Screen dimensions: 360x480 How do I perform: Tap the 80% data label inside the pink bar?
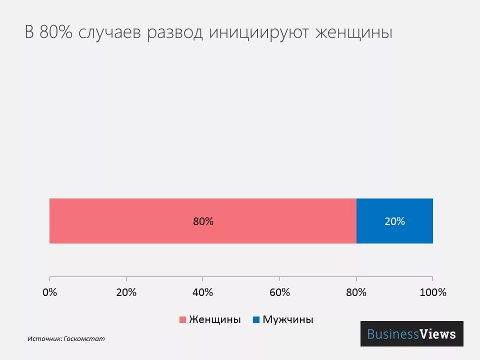[x=203, y=221]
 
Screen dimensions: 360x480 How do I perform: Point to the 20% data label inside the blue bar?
[x=394, y=221]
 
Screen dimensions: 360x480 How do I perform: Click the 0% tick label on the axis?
[x=49, y=292]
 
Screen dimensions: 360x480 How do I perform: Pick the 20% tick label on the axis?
[x=126, y=292]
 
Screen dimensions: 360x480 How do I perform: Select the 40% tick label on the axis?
[x=202, y=292]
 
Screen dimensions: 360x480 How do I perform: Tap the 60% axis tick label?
[x=279, y=292]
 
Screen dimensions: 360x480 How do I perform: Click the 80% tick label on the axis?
[x=356, y=292]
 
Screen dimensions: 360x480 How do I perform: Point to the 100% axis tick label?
[x=432, y=292]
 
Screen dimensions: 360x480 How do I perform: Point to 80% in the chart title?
[x=55, y=33]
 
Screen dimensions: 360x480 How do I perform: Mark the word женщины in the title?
[x=353, y=33]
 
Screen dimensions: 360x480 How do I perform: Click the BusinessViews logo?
[x=411, y=334]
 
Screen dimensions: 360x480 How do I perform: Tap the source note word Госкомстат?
[x=84, y=338]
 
